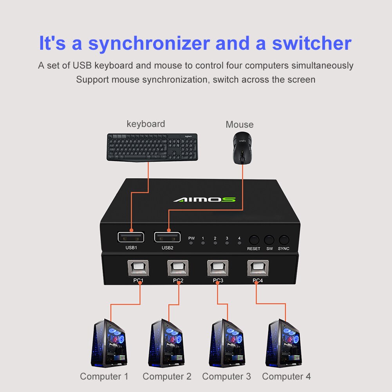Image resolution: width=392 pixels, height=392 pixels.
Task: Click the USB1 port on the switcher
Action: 130,237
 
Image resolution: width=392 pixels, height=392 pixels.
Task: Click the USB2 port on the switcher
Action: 167,237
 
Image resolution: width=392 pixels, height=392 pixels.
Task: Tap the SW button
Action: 269,240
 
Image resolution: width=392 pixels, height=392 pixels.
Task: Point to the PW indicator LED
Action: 191,243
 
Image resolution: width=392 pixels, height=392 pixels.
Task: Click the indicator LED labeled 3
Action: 227,243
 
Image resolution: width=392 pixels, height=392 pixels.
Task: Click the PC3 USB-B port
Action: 217,268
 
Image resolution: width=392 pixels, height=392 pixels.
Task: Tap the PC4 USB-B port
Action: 257,268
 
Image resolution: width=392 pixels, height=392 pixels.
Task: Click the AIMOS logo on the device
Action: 204,199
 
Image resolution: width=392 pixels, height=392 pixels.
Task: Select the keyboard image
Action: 152,147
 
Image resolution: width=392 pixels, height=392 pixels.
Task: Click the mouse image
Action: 242,148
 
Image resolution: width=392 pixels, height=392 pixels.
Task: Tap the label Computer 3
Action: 226,377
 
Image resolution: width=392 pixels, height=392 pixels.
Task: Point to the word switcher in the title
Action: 312,43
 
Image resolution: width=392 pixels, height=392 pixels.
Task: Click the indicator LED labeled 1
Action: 203,243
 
